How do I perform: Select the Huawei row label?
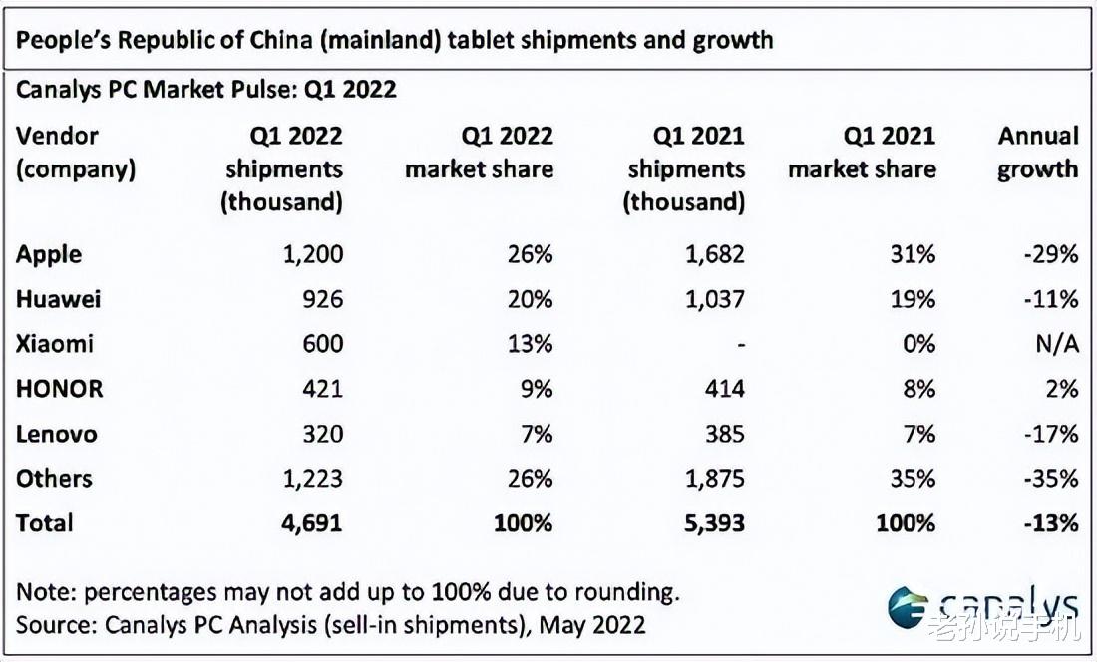click(x=58, y=299)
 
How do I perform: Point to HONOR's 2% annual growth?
click(x=1063, y=389)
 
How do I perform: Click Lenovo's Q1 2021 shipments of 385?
click(x=721, y=434)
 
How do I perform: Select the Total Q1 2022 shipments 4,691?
click(x=311, y=523)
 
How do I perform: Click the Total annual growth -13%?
click(x=1051, y=523)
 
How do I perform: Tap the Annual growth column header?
click(x=1038, y=153)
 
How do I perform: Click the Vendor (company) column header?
click(x=75, y=153)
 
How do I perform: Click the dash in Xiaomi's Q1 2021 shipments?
click(x=738, y=344)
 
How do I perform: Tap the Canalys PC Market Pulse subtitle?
click(x=206, y=90)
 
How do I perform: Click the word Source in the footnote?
click(x=53, y=625)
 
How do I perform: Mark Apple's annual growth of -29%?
click(x=1051, y=254)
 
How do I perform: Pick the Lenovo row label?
click(x=56, y=434)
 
